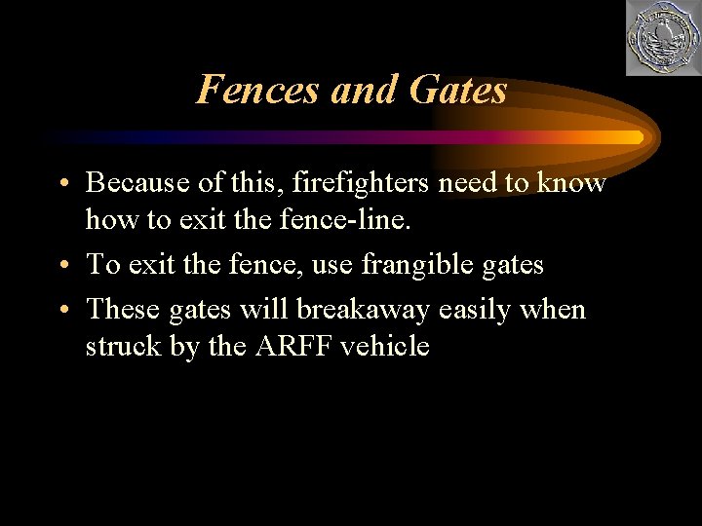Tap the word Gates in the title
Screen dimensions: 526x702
[458, 90]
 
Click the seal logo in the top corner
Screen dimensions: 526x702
[662, 39]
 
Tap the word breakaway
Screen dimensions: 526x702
[364, 310]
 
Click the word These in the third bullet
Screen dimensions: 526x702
[123, 310]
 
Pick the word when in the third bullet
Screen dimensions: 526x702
[556, 310]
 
